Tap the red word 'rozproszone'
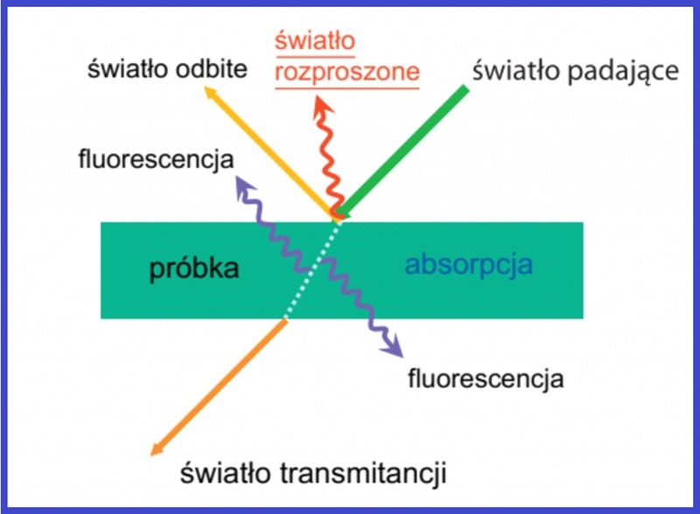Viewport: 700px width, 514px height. tap(347, 72)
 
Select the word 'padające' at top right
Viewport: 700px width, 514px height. tap(623, 72)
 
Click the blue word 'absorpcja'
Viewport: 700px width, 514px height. tap(469, 264)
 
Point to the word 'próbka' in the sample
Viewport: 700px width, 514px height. tap(194, 269)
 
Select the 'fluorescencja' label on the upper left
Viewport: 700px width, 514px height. tap(157, 159)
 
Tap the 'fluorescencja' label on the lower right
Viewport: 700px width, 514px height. tap(486, 378)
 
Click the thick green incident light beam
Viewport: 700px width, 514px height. tap(404, 151)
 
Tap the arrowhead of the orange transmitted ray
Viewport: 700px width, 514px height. tap(156, 449)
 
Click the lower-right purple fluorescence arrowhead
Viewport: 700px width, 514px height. tap(394, 347)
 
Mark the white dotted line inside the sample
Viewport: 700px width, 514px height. tap(312, 271)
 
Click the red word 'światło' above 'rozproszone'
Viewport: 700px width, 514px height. tap(315, 41)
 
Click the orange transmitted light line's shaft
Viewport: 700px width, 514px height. tap(219, 388)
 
